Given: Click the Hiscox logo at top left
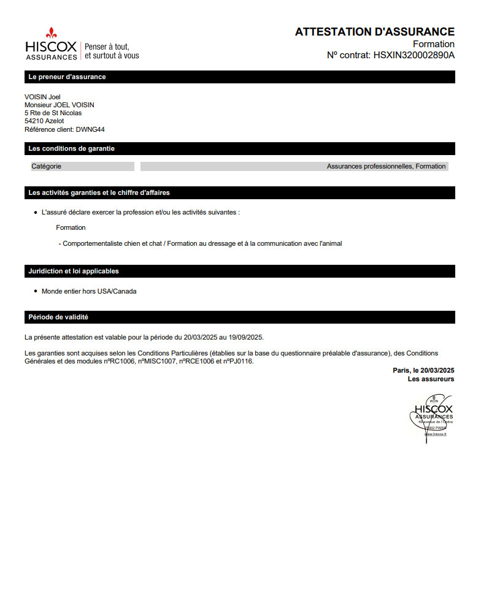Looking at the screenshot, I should coord(51,44).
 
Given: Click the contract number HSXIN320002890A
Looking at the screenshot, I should coord(414,55).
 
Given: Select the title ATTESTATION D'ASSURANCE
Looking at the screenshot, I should coord(374,32).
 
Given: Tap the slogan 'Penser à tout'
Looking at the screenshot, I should coord(107,47).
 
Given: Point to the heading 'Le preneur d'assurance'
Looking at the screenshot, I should coord(67,77).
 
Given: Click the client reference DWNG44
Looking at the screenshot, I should coord(90,129).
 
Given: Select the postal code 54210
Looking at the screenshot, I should coord(34,121).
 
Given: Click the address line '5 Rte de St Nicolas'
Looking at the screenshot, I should coord(53,113).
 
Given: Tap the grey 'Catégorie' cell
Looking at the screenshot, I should coord(82,166).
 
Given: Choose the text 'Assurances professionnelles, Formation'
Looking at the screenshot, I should coord(386,166).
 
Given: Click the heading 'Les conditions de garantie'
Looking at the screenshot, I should coord(71,149).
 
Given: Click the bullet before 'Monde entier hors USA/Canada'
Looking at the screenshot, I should coord(36,291).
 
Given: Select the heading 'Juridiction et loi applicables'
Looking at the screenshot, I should coord(74,271).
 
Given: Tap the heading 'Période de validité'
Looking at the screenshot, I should coord(58,318).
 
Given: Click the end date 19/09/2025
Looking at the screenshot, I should coord(246,337).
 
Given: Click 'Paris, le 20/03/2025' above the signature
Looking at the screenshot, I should coord(423,370).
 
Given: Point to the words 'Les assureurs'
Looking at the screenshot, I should coord(431,379).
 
